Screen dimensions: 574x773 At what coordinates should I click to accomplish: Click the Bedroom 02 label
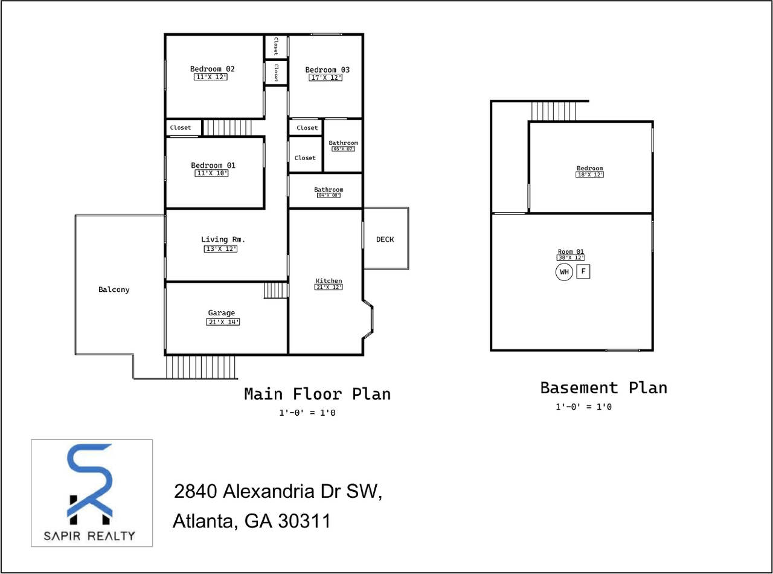(211, 69)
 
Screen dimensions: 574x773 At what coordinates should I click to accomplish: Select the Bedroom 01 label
(213, 165)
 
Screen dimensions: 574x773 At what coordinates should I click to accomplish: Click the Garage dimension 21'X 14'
(223, 322)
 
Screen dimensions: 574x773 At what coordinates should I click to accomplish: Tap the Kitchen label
(329, 281)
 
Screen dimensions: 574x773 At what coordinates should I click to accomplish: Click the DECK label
(385, 239)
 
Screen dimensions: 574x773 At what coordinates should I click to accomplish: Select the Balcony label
(114, 289)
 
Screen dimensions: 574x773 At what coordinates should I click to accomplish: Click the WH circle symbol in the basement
(564, 272)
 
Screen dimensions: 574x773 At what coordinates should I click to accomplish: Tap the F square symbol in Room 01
(583, 272)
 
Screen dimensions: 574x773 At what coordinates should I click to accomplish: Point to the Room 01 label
(570, 251)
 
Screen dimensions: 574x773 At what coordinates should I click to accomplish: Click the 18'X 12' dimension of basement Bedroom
(589, 175)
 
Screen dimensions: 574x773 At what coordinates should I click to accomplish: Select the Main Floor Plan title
(317, 394)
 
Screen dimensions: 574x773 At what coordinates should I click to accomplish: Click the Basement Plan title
(603, 387)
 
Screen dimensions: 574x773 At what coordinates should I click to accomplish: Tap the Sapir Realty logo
(92, 492)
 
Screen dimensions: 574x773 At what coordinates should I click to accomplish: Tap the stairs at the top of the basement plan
(554, 111)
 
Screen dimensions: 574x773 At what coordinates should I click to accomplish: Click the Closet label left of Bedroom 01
(180, 127)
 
